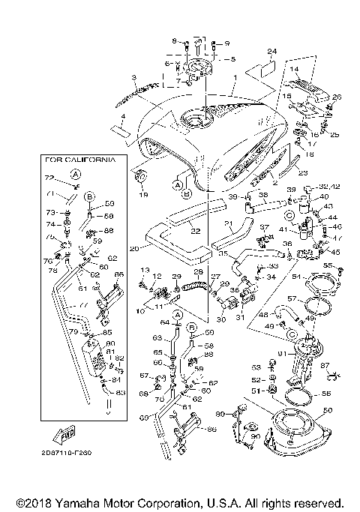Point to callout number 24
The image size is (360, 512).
(272, 51)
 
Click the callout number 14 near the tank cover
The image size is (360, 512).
(293, 69)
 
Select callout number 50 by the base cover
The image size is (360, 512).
(325, 410)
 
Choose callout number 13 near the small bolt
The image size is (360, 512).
(145, 270)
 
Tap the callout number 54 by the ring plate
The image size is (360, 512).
(295, 277)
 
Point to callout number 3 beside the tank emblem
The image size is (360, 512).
(133, 77)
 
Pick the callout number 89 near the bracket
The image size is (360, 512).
(220, 414)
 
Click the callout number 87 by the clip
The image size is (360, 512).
(324, 364)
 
